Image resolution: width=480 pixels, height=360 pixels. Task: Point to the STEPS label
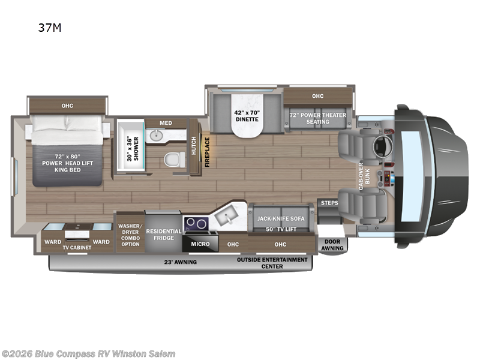click(x=329, y=203)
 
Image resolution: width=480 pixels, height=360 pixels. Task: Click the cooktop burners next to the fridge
click(x=194, y=224)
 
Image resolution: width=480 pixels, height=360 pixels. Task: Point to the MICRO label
click(x=200, y=244)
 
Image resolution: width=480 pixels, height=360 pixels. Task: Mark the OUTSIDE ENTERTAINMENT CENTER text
click(x=272, y=263)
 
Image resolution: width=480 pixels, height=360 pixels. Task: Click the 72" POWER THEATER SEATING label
click(x=317, y=118)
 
